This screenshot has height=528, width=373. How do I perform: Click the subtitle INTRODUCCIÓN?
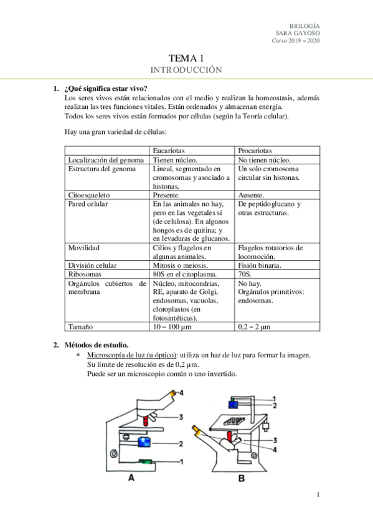click(x=186, y=70)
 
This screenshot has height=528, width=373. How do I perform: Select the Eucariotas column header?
click(x=171, y=151)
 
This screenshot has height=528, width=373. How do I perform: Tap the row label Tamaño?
click(x=80, y=326)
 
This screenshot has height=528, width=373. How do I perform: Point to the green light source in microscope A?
click(x=147, y=461)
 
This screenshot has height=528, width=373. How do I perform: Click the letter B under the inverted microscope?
click(x=241, y=478)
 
